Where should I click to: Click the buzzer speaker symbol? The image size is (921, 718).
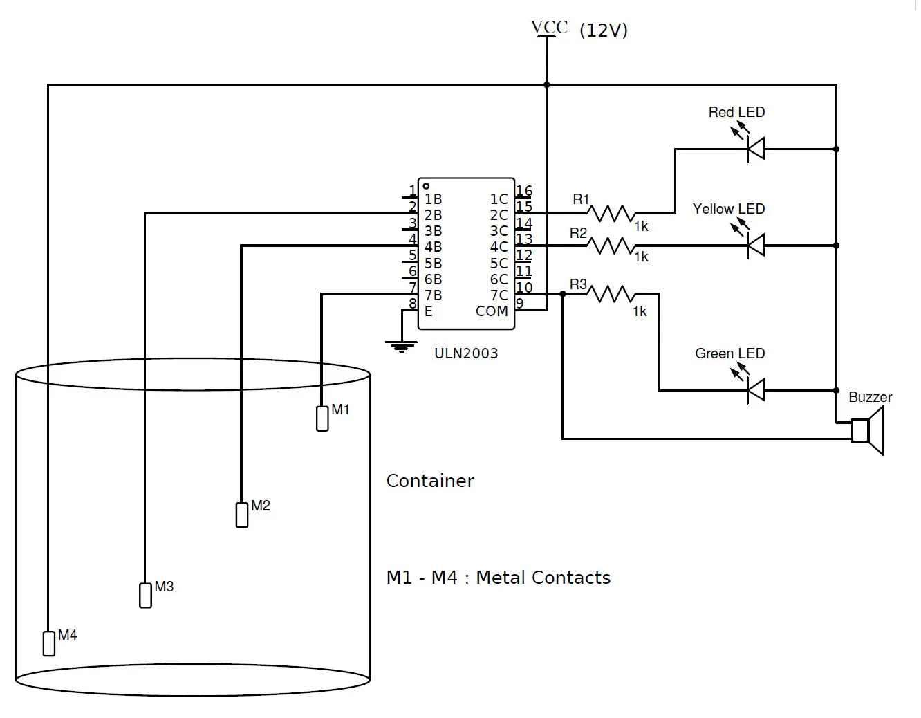click(x=868, y=430)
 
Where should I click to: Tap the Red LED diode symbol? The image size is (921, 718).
click(x=756, y=149)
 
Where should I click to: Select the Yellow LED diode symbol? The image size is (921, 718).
click(x=756, y=245)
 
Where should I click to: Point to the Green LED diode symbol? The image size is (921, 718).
click(x=756, y=390)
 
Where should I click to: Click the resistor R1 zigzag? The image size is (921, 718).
click(x=611, y=213)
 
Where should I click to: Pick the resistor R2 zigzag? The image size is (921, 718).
click(x=611, y=245)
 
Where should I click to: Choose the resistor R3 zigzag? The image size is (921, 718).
click(x=611, y=295)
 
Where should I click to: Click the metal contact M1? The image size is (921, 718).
click(x=322, y=418)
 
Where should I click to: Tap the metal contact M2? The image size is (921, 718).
click(x=242, y=515)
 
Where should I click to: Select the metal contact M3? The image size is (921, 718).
click(x=145, y=595)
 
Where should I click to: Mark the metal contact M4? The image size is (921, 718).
click(x=49, y=643)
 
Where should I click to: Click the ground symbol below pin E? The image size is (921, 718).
click(x=401, y=345)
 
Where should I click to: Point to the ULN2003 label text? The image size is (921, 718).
click(x=466, y=353)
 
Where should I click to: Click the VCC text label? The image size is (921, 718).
click(x=549, y=27)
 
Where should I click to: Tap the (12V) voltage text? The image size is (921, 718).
click(x=604, y=30)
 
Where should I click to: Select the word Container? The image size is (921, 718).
click(x=430, y=481)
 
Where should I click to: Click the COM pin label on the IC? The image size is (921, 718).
click(x=492, y=311)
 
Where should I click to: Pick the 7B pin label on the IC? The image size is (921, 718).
click(x=434, y=295)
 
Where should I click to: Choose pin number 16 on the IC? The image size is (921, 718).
click(x=524, y=191)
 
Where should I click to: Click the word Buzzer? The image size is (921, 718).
click(x=870, y=397)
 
